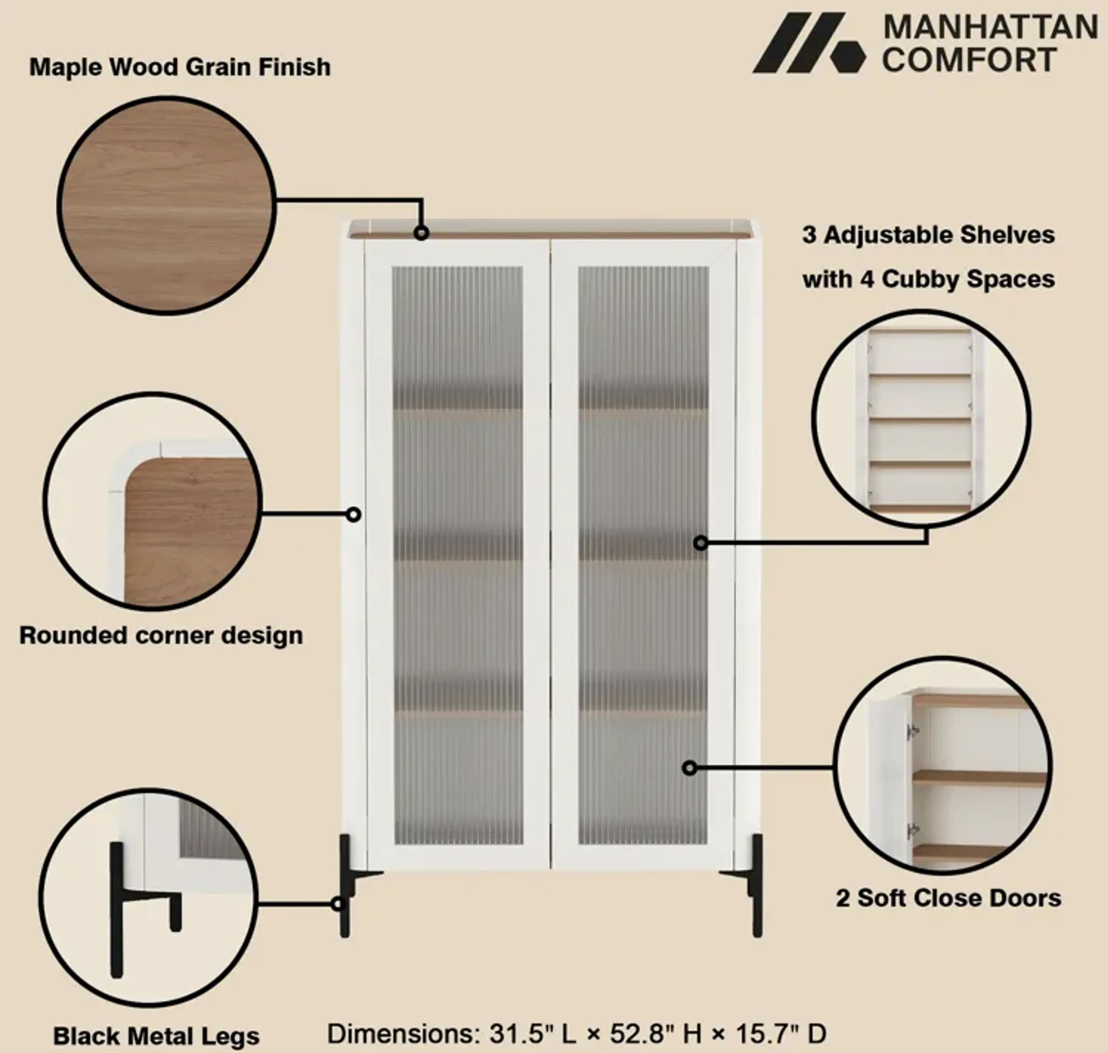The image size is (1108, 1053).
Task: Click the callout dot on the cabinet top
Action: tap(421, 232)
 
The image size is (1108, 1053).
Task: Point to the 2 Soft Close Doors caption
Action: tap(948, 898)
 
